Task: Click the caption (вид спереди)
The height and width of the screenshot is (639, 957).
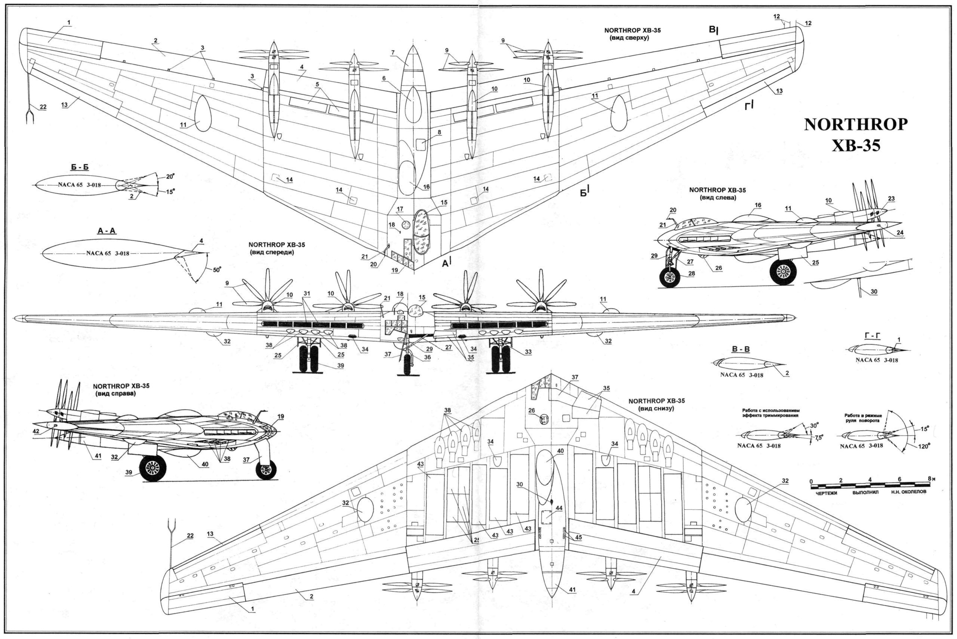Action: point(276,252)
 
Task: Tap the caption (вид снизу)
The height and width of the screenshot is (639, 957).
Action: point(656,408)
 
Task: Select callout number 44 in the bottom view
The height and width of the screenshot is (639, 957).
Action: point(558,508)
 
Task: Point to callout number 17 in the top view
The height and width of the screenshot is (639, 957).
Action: point(400,209)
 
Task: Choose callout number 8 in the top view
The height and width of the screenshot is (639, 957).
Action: point(439,132)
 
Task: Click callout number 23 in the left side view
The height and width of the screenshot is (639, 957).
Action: point(891,199)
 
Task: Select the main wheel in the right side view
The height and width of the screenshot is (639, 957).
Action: point(153,468)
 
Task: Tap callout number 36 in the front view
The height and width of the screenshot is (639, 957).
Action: point(427,357)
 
